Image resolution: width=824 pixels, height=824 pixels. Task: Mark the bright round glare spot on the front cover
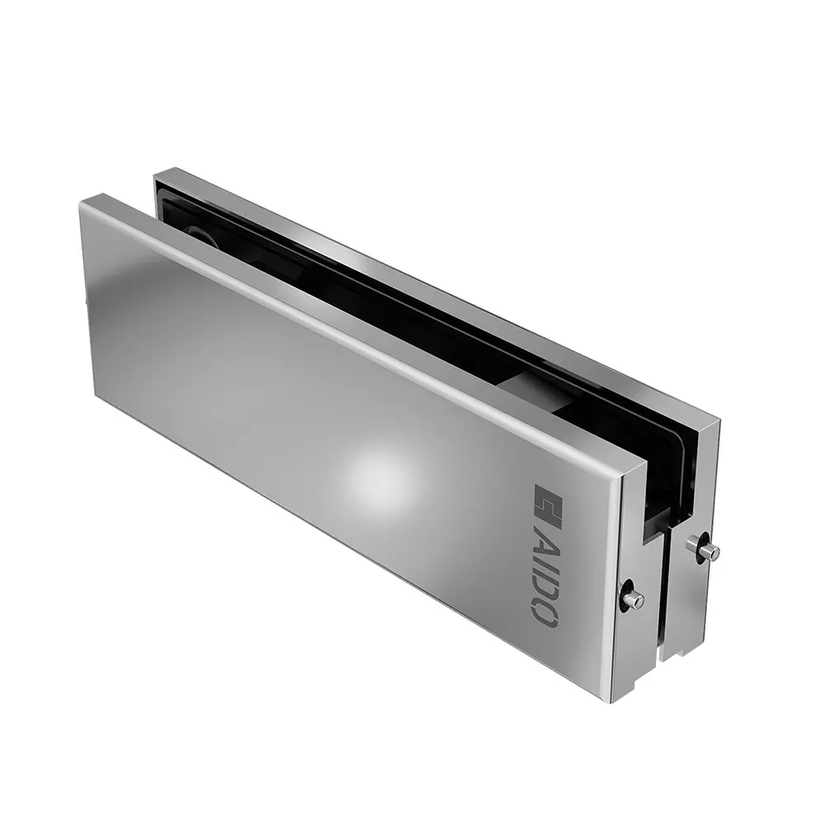click(x=377, y=475)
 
